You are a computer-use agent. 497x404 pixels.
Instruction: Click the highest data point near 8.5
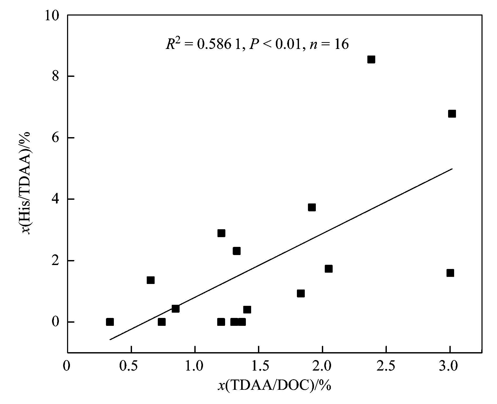[x=371, y=60]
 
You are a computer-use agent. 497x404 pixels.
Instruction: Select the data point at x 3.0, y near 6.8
[x=452, y=114]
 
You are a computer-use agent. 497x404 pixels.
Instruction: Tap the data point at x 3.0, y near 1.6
[x=450, y=273]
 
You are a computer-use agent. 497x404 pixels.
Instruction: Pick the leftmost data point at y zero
[x=110, y=322]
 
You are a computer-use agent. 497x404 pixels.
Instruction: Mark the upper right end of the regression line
[x=452, y=169]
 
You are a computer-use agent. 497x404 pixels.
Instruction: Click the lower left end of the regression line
[x=110, y=340]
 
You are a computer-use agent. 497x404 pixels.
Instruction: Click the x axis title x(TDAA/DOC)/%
[x=274, y=386]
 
